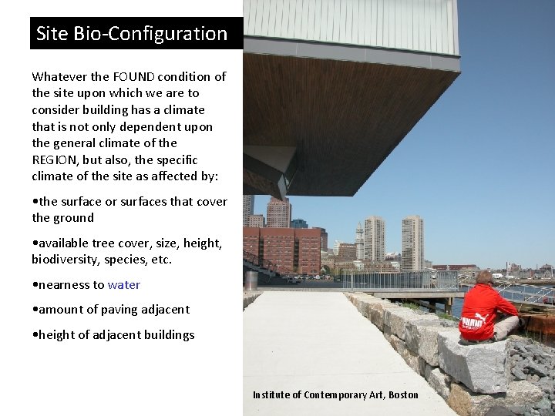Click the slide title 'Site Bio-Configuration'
click(132, 34)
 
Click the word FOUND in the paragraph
click(134, 76)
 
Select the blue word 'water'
click(123, 284)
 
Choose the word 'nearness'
click(64, 284)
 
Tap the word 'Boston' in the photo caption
click(404, 395)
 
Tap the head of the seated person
click(485, 277)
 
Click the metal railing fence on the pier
click(385, 280)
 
